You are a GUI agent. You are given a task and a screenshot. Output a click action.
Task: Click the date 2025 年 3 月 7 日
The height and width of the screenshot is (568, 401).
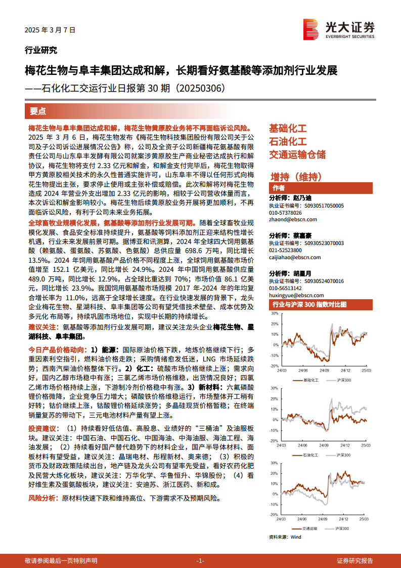point(50,30)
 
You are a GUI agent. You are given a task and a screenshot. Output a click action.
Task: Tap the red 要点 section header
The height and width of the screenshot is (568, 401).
point(38,111)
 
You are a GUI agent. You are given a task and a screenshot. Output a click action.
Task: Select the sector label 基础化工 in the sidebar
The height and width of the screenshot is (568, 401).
point(288,129)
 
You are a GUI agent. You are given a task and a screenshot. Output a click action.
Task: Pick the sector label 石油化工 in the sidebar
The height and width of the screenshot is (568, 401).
point(288,141)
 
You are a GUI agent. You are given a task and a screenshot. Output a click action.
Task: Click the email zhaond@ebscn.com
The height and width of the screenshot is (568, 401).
point(293,219)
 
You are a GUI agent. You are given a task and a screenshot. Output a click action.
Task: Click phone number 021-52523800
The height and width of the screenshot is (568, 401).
point(285,250)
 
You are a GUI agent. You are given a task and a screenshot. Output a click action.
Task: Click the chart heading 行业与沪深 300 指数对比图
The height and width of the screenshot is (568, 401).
point(309,305)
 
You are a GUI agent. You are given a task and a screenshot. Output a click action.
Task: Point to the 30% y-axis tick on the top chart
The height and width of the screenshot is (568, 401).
point(275,313)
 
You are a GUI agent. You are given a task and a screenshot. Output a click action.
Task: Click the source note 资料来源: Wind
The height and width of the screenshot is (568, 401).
point(285,537)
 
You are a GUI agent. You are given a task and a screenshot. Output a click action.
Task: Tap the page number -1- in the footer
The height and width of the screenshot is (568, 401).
point(200,560)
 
